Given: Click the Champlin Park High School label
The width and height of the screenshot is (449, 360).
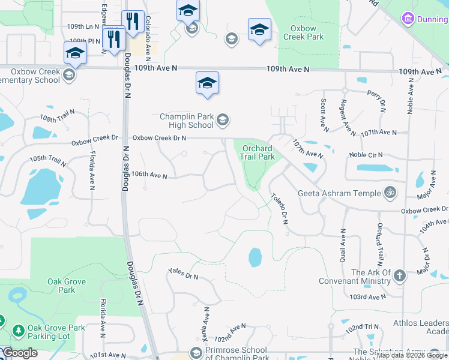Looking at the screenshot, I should click(x=187, y=121).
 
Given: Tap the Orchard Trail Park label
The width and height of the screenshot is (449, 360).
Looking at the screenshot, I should click(x=258, y=152).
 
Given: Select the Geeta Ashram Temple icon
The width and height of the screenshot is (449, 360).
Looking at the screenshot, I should click(x=391, y=193).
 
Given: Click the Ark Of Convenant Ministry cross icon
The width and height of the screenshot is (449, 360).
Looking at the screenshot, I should click(x=400, y=277).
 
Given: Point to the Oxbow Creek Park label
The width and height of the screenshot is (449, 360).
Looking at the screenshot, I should click(x=307, y=32).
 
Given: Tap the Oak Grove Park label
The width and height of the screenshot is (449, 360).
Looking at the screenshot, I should click(x=66, y=286).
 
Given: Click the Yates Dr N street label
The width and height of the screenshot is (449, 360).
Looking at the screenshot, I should click(x=183, y=276).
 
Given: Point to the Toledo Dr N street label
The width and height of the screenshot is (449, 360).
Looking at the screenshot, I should click(x=279, y=208).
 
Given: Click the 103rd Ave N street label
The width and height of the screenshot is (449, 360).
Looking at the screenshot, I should click(x=369, y=297).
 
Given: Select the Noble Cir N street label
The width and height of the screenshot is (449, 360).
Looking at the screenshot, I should click(x=366, y=155).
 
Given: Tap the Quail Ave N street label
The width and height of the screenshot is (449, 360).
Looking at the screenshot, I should click(x=343, y=247).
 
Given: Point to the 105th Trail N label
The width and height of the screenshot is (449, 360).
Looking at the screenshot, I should click(x=47, y=160).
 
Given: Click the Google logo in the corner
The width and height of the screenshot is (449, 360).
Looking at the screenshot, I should click(x=20, y=353).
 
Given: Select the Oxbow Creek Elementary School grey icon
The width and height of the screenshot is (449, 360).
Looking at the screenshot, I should click(x=69, y=75).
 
